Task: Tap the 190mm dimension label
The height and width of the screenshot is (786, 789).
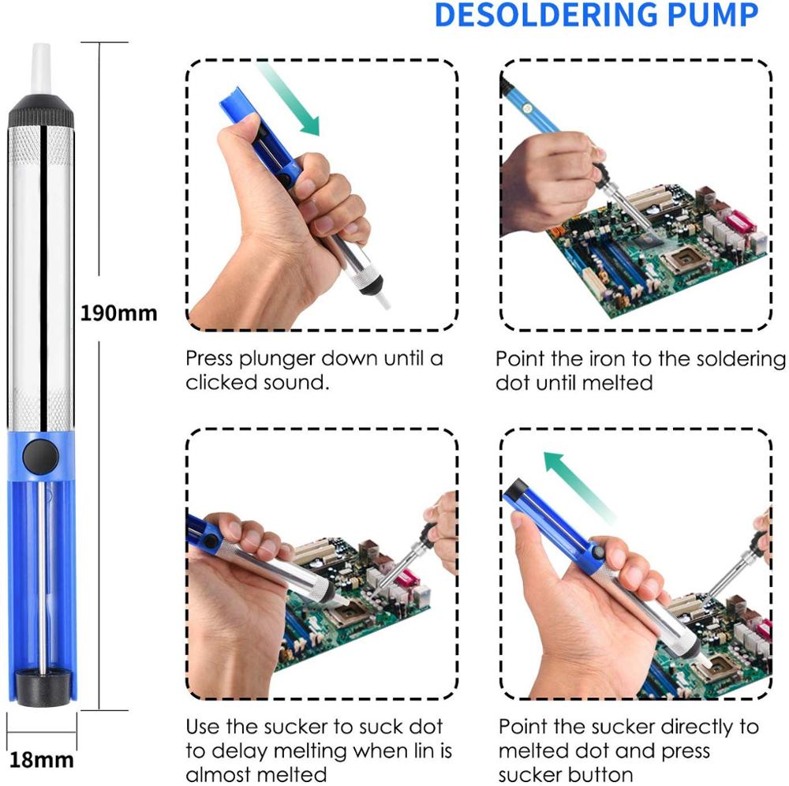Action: point(119,313)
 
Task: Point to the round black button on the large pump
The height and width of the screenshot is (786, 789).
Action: point(40,455)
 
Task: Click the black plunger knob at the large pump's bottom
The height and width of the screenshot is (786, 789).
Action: point(41,684)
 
